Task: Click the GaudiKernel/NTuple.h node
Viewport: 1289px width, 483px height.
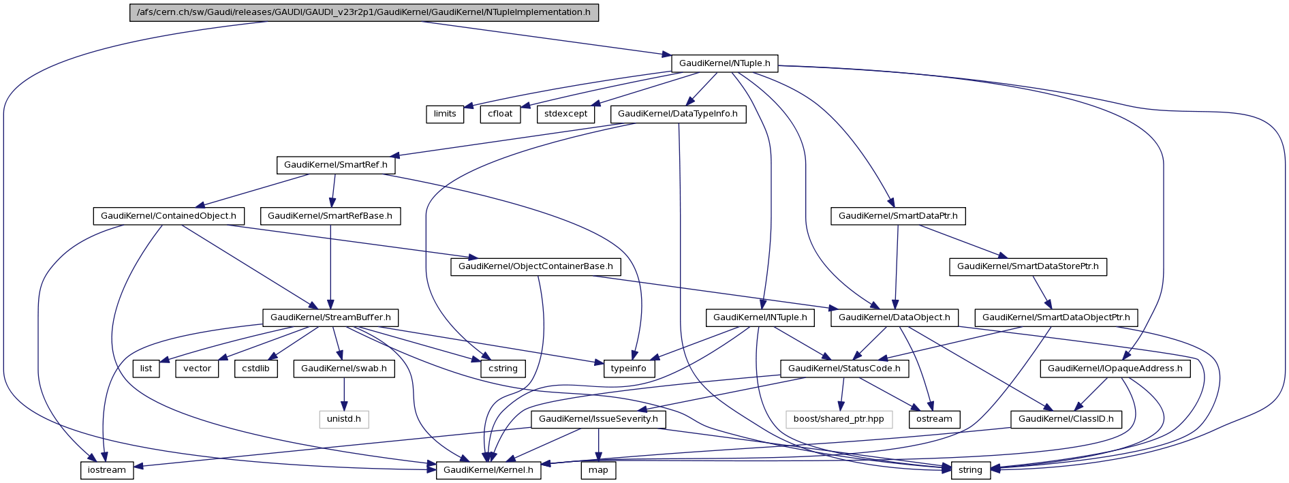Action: [x=724, y=63]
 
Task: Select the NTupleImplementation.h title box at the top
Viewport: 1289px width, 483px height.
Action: [x=364, y=12]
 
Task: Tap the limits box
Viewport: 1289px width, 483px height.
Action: [x=445, y=114]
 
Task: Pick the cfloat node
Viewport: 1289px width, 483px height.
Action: [x=500, y=114]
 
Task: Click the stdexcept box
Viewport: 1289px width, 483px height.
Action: [x=565, y=114]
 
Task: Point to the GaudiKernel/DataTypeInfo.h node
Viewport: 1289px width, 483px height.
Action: [x=677, y=114]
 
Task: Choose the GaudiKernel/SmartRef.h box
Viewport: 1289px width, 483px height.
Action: [x=335, y=165]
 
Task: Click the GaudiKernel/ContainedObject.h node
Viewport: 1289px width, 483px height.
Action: [x=168, y=216]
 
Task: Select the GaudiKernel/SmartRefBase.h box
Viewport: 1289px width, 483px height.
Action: [x=330, y=216]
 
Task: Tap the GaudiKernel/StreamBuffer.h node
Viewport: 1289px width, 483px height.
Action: [x=330, y=317]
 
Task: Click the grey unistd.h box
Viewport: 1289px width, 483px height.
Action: [x=343, y=419]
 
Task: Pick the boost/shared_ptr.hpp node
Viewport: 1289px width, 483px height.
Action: [x=839, y=419]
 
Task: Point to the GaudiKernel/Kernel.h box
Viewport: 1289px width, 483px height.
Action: [x=488, y=470]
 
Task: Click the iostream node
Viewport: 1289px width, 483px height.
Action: [x=107, y=470]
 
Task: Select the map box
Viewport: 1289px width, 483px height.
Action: [x=598, y=470]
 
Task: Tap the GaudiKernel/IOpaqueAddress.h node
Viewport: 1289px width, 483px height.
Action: [x=1115, y=369]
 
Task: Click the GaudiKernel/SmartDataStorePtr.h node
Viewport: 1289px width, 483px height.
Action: [x=1027, y=266]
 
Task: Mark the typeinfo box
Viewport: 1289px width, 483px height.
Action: [x=628, y=369]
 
